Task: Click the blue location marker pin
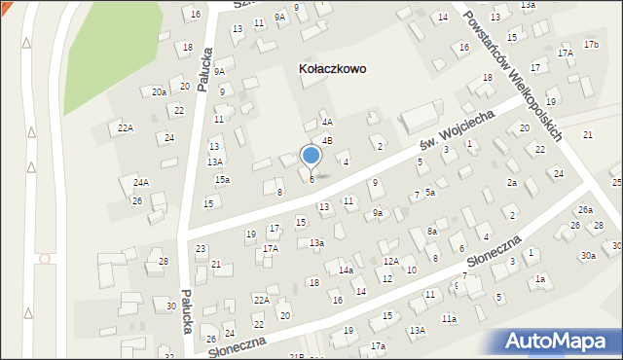pos(311,158)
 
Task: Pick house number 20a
pos(159,91)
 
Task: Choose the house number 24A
pos(141,182)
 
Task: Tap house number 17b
pos(591,45)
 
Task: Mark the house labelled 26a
pos(585,209)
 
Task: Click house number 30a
pos(589,256)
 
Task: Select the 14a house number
pos(346,270)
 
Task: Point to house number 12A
pos(390,261)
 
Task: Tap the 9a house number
pos(378,212)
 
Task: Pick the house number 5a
pos(429,193)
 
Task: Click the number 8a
pos(432,232)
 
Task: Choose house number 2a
pos(511,182)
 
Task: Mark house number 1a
pos(539,279)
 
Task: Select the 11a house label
pos(449,318)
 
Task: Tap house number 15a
pos(223,180)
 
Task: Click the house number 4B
pos(328,140)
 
